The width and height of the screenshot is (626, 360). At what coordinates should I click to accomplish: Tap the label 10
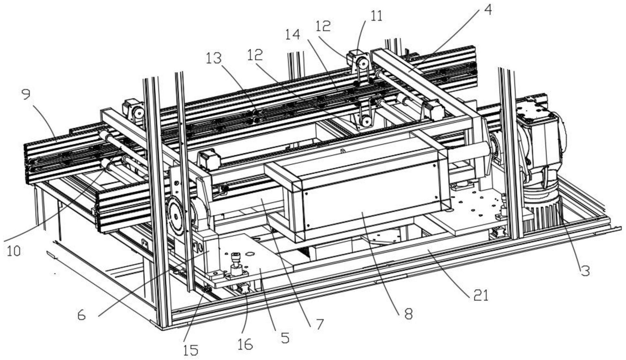(x=13, y=251)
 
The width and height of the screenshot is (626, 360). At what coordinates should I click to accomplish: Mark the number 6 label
(x=82, y=315)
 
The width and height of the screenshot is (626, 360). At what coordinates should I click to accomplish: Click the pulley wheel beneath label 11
(x=363, y=64)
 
